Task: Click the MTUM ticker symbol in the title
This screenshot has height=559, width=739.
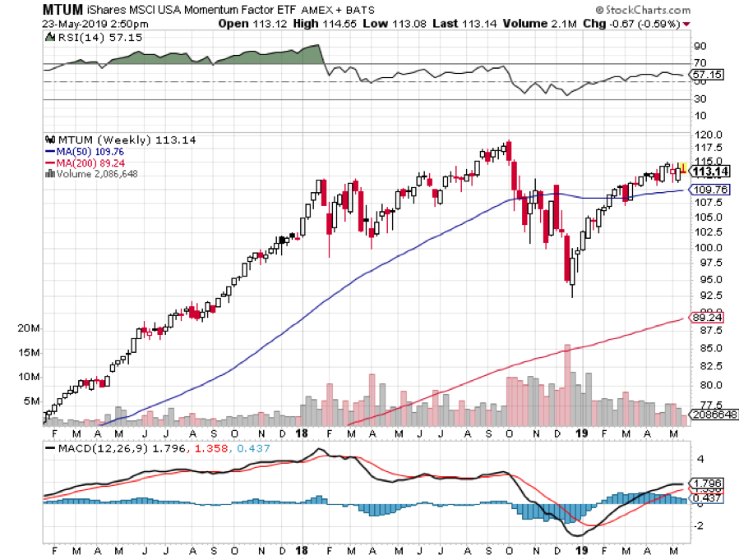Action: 63,10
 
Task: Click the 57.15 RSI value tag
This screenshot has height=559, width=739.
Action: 705,75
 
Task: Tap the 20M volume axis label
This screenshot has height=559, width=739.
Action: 29,328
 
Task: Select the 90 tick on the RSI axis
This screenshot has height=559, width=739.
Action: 700,46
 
